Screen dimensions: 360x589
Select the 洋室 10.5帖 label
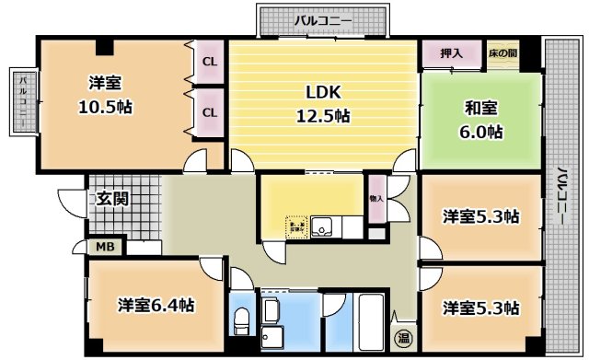104,95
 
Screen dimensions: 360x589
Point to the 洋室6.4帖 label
155,305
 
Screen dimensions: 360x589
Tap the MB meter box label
106,247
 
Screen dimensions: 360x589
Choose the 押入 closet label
451,53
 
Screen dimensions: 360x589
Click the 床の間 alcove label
502,53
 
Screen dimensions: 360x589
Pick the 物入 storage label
376,199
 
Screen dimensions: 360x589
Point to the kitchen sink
323,225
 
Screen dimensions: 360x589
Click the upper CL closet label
209,63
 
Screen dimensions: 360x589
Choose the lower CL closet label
209,112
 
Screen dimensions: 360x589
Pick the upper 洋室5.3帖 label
480,217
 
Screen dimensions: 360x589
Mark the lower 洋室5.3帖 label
480,306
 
